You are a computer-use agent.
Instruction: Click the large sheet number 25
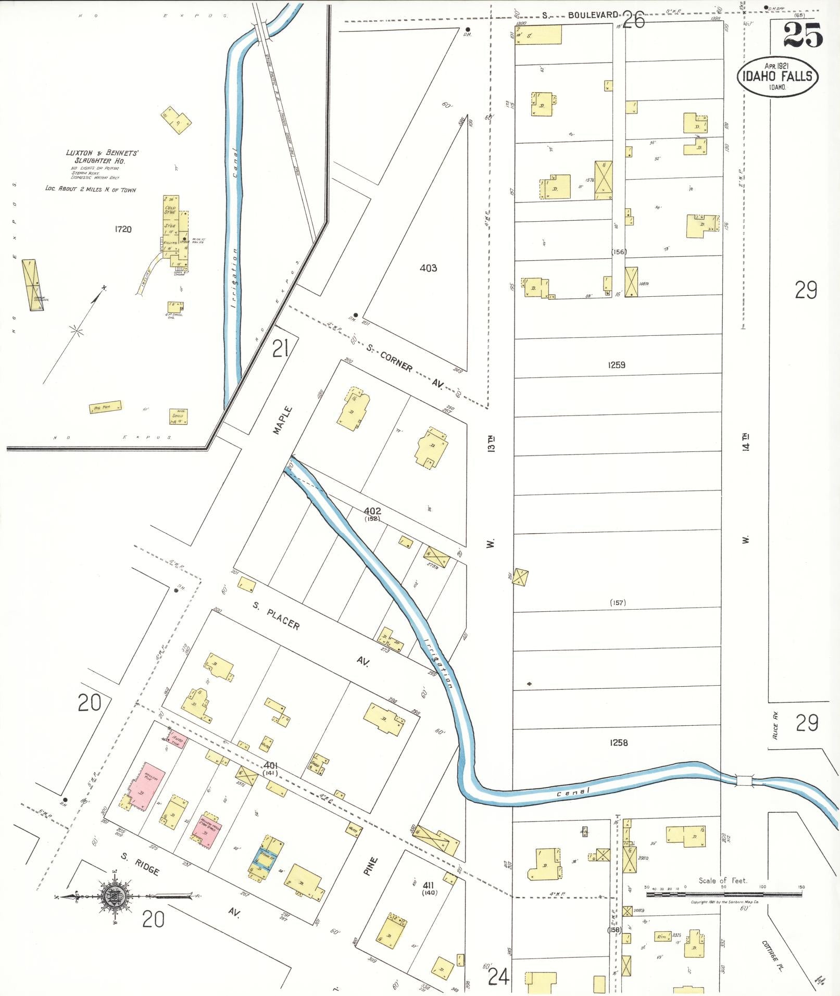tap(803, 35)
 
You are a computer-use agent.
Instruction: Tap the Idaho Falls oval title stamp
tap(777, 77)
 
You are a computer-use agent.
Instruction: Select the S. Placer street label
tap(276, 616)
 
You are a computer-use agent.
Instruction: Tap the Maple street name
tap(282, 420)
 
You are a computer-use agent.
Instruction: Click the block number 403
tap(428, 268)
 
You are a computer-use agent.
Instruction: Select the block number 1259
tap(616, 365)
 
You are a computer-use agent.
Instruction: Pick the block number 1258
tap(618, 742)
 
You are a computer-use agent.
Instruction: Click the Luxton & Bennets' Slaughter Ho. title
tap(102, 157)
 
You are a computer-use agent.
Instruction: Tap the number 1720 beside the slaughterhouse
tap(122, 229)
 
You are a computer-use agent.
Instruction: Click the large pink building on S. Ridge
tap(148, 790)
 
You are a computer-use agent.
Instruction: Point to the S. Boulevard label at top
tap(580, 15)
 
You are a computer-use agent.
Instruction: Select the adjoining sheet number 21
tap(280, 348)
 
